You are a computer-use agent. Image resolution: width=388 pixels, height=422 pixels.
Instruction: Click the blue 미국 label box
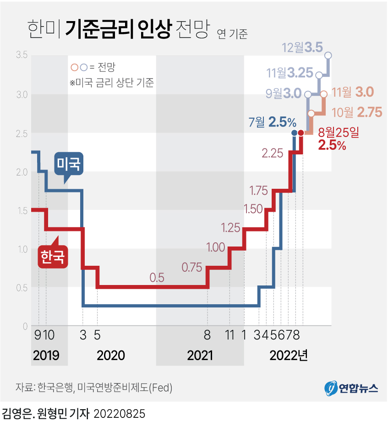tap(69, 164)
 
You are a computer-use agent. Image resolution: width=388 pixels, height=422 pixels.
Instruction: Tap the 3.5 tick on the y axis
tap(22, 55)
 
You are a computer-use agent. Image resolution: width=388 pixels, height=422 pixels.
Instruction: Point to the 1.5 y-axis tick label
tap(22, 210)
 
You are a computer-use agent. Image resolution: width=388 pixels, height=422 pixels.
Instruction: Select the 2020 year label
tap(111, 356)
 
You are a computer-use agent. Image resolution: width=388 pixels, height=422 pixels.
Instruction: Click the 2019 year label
tap(46, 356)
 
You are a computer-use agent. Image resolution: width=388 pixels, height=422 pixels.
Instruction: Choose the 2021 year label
tap(200, 356)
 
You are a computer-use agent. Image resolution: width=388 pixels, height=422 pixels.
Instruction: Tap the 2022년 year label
tap(289, 356)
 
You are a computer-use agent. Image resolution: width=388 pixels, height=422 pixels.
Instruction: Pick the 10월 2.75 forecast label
tap(357, 112)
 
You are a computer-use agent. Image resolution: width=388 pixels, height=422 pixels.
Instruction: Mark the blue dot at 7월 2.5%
tap(294, 133)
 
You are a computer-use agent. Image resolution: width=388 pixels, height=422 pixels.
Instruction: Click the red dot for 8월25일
tap(301, 133)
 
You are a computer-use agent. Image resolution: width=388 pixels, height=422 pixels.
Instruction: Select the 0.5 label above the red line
tap(156, 278)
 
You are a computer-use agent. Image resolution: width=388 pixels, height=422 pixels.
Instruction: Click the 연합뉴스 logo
tap(352, 388)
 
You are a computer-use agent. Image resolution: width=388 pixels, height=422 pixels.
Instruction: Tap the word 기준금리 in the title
tap(99, 30)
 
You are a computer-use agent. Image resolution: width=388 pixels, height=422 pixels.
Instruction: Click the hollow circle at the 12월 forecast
tap(328, 55)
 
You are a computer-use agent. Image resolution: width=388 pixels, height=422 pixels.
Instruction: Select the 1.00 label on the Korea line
tap(216, 248)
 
